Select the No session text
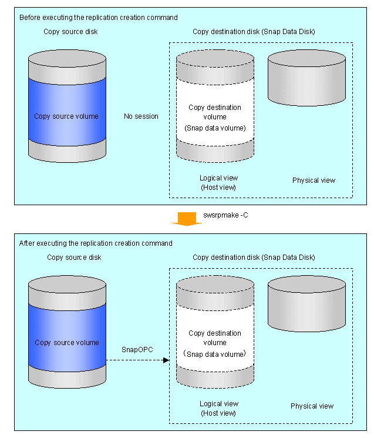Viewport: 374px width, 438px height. tap(141, 116)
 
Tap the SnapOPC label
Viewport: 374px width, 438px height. tap(137, 350)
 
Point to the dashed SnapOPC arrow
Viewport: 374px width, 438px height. tap(141, 360)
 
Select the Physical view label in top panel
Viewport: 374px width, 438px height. tap(314, 180)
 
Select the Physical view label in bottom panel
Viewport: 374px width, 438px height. tap(312, 406)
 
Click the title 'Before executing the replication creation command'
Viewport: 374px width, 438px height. tap(99, 18)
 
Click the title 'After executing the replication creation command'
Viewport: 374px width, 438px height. tap(96, 243)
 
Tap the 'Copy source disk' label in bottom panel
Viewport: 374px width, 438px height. tap(74, 258)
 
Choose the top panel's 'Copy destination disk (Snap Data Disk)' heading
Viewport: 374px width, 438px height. tap(254, 31)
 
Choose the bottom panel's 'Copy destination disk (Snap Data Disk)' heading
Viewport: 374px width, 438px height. tap(254, 258)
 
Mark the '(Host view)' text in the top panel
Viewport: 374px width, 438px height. tap(218, 187)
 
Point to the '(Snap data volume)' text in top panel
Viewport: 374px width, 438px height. tap(215, 128)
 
